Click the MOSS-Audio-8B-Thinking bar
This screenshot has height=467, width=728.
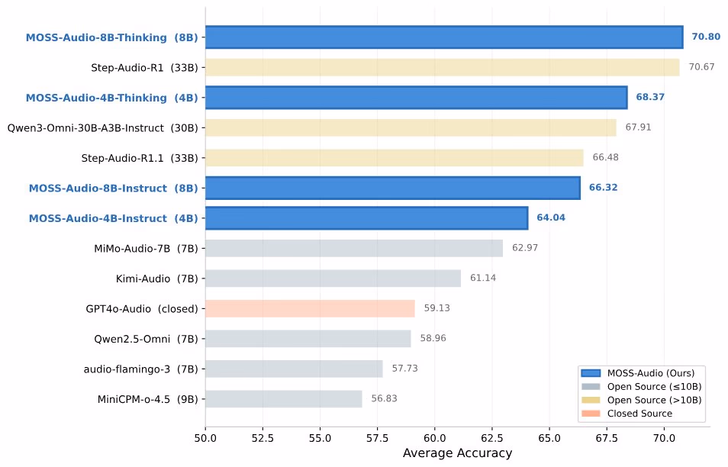pos(443,37)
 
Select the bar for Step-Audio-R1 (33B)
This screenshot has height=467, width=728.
pos(442,67)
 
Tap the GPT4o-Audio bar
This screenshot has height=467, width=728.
pos(310,309)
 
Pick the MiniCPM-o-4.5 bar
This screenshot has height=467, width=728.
pos(283,399)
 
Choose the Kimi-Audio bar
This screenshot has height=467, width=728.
pos(333,279)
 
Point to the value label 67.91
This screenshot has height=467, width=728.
pos(638,127)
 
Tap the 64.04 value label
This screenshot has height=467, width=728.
pos(550,218)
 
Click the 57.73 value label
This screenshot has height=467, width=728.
pos(405,369)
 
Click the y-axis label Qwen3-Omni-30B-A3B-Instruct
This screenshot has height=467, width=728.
pos(102,127)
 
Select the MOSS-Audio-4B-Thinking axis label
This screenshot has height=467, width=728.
pos(111,98)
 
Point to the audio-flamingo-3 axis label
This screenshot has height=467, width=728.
pos(140,369)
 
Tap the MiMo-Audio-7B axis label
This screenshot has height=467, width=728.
pos(146,248)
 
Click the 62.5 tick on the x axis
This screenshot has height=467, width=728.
pos(492,439)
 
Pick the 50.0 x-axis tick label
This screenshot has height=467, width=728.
pos(205,439)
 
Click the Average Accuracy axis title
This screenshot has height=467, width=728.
pos(457,454)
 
